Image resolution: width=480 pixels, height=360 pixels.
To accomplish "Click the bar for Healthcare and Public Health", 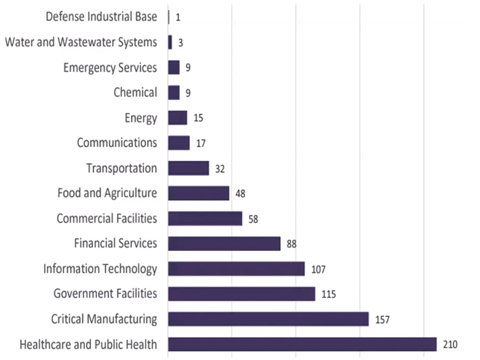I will point(302,344).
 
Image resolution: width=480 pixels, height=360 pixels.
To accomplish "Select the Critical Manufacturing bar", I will point(268,319).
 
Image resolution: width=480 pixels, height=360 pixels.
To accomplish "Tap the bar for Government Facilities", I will point(241,294).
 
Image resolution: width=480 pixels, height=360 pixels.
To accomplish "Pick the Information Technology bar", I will point(236,269).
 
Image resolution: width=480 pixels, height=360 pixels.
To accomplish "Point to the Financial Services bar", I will point(224,243).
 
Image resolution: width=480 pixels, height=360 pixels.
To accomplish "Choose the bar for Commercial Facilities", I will point(205,218).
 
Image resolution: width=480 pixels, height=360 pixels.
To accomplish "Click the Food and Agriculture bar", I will point(198,193).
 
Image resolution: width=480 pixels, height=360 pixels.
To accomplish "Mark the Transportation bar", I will point(188,168).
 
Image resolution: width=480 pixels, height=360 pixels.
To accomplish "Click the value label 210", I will point(450,344).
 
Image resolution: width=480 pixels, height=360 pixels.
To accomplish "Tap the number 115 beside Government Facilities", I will point(328,294).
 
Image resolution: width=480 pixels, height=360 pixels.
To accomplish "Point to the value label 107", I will point(318,269).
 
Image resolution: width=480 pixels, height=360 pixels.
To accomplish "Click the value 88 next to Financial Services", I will point(292,244).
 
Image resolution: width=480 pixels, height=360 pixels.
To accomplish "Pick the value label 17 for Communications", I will point(200,143).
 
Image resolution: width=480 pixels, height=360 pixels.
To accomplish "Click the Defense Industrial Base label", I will point(102,17).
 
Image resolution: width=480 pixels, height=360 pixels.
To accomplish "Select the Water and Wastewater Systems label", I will point(81,42).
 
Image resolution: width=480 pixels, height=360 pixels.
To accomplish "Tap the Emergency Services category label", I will point(110,68).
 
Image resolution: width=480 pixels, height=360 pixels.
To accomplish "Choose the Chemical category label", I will point(135,92).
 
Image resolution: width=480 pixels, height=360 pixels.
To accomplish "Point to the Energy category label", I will point(141,118).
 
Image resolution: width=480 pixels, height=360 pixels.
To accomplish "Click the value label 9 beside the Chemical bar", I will point(188,93).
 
